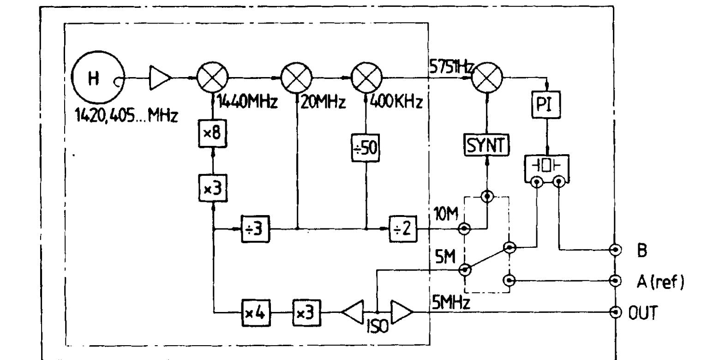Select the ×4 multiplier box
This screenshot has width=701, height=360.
point(255,312)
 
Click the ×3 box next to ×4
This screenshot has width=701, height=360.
point(307,312)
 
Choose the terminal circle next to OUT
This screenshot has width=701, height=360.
point(615,312)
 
